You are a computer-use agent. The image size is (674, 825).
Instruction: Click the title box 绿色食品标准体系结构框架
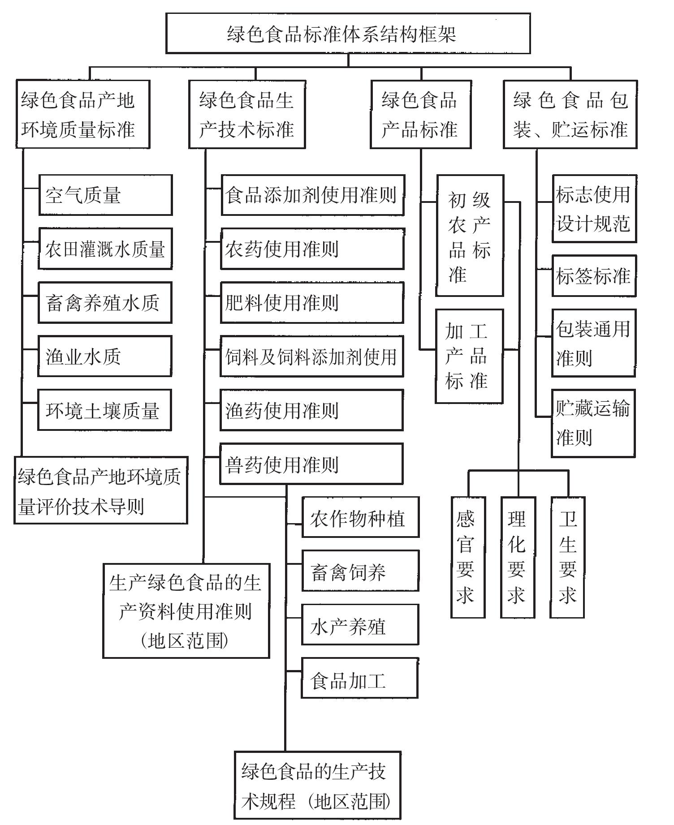click(x=348, y=34)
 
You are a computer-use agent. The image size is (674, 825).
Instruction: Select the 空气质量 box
click(x=105, y=195)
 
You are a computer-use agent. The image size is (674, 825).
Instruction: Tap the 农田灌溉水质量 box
click(x=105, y=249)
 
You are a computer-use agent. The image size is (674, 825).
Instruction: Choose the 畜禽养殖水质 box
click(x=105, y=303)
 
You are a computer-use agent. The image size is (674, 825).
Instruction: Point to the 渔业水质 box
click(x=105, y=357)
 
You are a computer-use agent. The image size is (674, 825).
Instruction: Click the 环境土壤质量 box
click(x=104, y=410)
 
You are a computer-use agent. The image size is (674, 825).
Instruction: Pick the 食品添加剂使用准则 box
click(x=313, y=195)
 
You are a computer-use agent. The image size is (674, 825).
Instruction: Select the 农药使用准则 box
click(x=312, y=249)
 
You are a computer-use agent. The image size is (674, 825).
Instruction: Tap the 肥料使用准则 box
click(x=312, y=303)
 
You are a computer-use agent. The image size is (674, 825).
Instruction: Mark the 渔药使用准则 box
click(x=311, y=410)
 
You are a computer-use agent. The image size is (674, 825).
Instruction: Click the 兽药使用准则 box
click(x=311, y=464)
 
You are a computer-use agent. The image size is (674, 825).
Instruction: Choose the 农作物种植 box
click(x=361, y=517)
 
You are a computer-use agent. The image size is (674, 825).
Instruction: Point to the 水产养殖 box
click(x=360, y=625)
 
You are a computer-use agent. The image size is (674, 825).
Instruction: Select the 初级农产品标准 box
click(x=470, y=236)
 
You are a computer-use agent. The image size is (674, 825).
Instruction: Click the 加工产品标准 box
click(x=469, y=357)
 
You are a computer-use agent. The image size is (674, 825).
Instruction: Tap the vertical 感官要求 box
click(x=468, y=558)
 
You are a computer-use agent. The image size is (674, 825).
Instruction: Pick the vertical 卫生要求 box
click(x=567, y=558)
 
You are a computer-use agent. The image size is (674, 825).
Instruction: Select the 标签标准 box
click(x=594, y=276)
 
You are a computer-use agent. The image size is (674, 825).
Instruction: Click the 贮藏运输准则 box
click(x=593, y=424)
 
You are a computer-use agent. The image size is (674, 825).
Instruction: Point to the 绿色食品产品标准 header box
click(x=421, y=115)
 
